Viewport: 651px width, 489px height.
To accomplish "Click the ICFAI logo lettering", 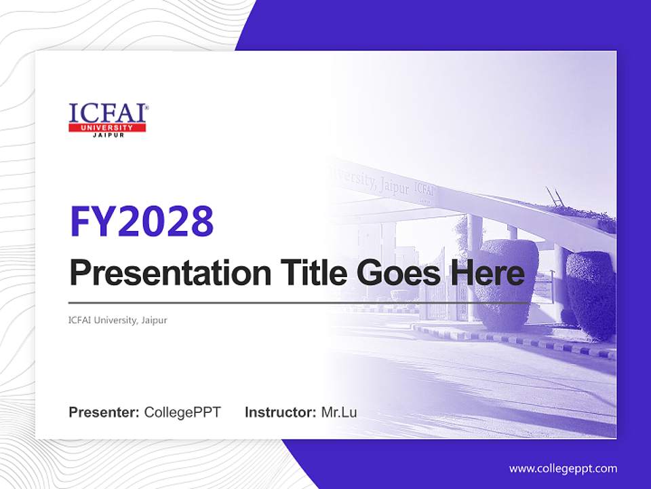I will (106, 113).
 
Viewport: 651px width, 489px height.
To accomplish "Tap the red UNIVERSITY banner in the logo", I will (107, 128).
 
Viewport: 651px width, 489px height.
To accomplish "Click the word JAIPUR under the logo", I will (107, 135).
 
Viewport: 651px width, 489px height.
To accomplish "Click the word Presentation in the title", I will (161, 274).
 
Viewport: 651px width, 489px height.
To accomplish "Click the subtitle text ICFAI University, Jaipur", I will (118, 320).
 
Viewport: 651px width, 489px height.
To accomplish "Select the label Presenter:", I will (104, 412).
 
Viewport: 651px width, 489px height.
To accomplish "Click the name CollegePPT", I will (182, 412).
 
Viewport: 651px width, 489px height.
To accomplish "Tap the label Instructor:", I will (280, 412).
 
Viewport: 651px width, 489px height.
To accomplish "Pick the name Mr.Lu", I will (339, 412).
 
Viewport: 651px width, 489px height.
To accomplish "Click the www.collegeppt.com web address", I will (563, 469).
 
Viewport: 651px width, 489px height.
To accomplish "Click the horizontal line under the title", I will (298, 302).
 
